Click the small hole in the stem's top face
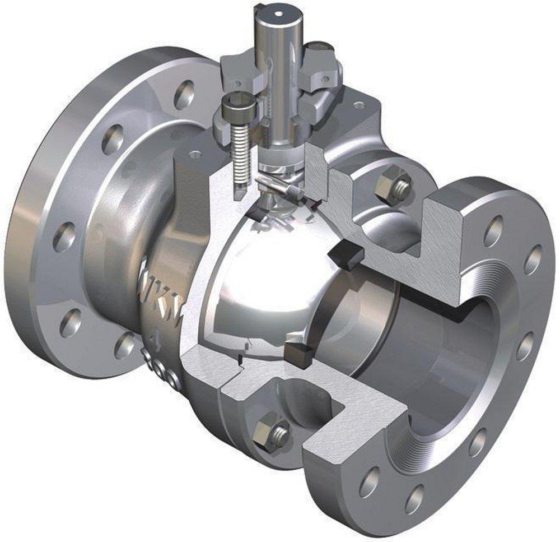(277, 11)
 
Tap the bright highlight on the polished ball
(263, 280)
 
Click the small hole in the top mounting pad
(359, 105)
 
